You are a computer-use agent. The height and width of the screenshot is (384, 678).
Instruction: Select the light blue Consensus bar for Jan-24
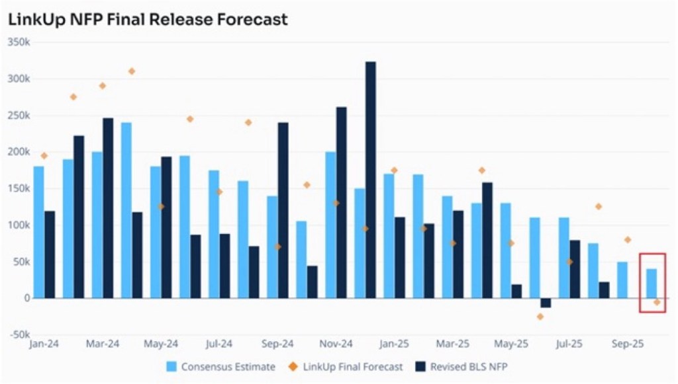(x=39, y=232)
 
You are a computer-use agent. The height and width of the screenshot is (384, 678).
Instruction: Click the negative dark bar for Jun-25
(x=546, y=303)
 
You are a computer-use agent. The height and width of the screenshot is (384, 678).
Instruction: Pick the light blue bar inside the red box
(x=652, y=284)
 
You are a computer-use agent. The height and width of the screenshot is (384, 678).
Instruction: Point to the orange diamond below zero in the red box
(x=657, y=302)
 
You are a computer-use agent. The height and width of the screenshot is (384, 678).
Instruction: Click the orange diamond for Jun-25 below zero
(x=540, y=317)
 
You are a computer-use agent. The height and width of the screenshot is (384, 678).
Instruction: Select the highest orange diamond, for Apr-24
(x=132, y=71)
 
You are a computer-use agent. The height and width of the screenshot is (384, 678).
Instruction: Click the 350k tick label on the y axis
(x=19, y=42)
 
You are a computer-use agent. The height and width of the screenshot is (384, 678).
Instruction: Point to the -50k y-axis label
(x=19, y=334)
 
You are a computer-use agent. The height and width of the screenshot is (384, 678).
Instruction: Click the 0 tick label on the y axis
(x=27, y=298)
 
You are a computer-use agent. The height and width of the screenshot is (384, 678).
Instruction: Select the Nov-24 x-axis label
(x=336, y=344)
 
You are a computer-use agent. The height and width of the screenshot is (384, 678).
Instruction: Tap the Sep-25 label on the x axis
(x=627, y=344)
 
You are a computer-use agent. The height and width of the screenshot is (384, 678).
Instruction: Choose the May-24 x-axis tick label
(x=161, y=344)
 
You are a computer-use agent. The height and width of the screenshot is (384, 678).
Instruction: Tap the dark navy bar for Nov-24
(x=341, y=202)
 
